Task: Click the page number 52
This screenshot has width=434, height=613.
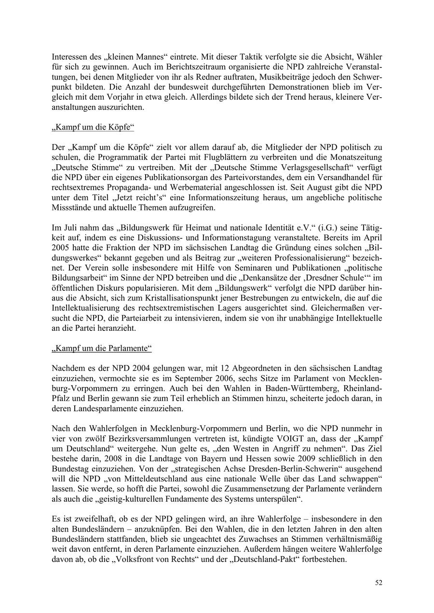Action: click(x=379, y=583)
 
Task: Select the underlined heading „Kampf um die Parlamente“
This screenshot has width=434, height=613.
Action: click(x=102, y=348)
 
